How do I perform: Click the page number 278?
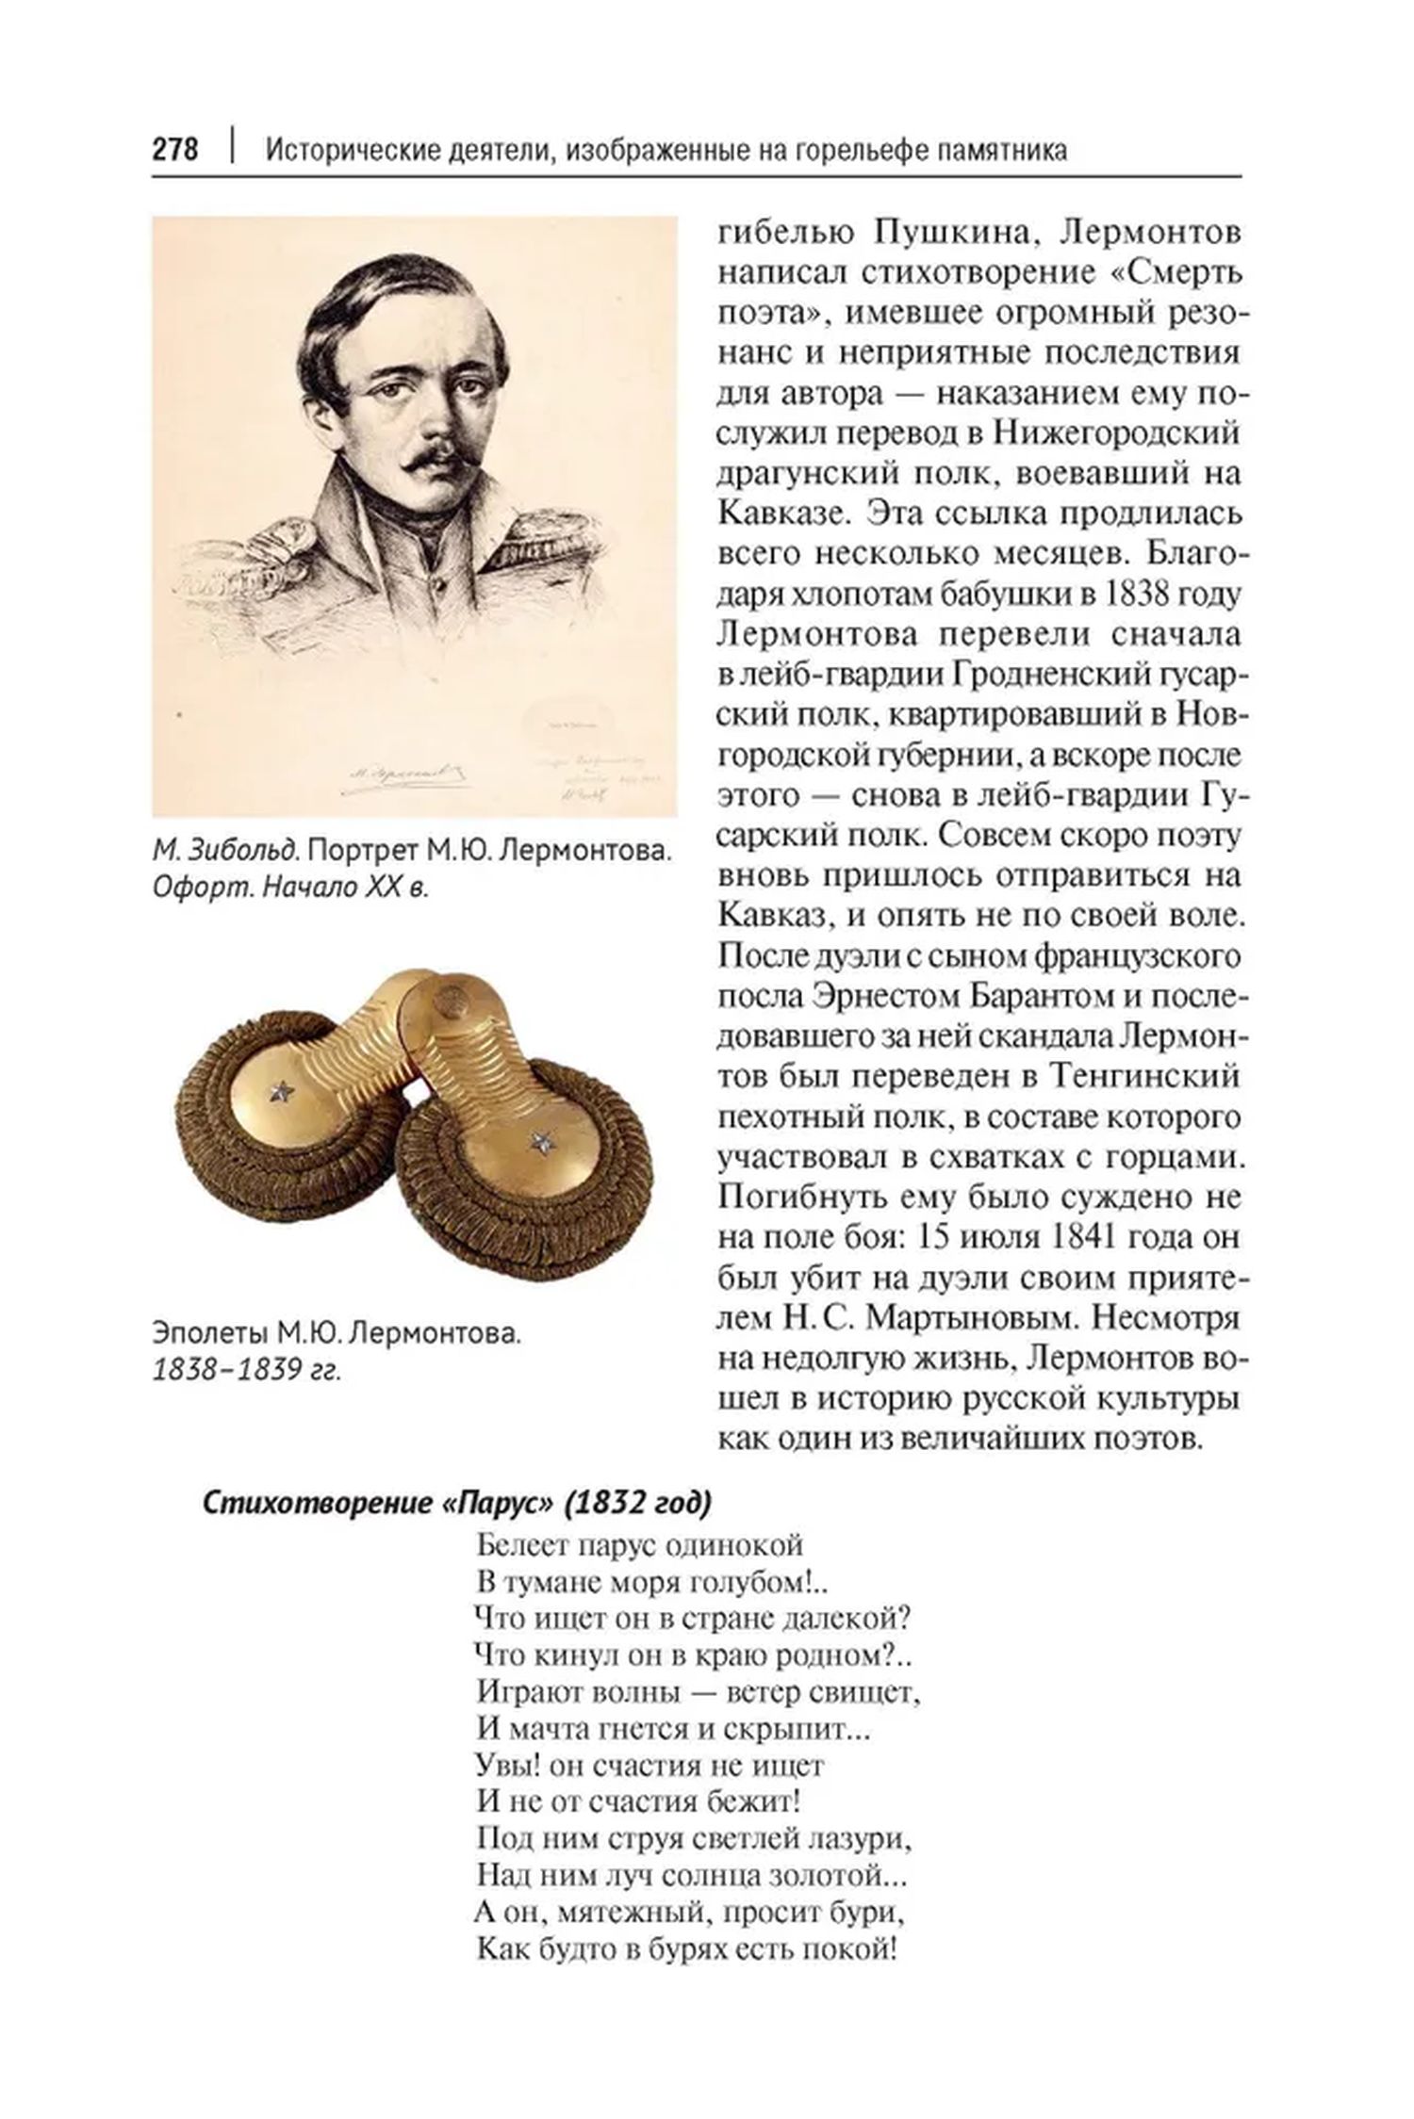pos(175,151)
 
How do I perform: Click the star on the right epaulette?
pos(541,1144)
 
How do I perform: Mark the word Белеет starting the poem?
pos(520,1546)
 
